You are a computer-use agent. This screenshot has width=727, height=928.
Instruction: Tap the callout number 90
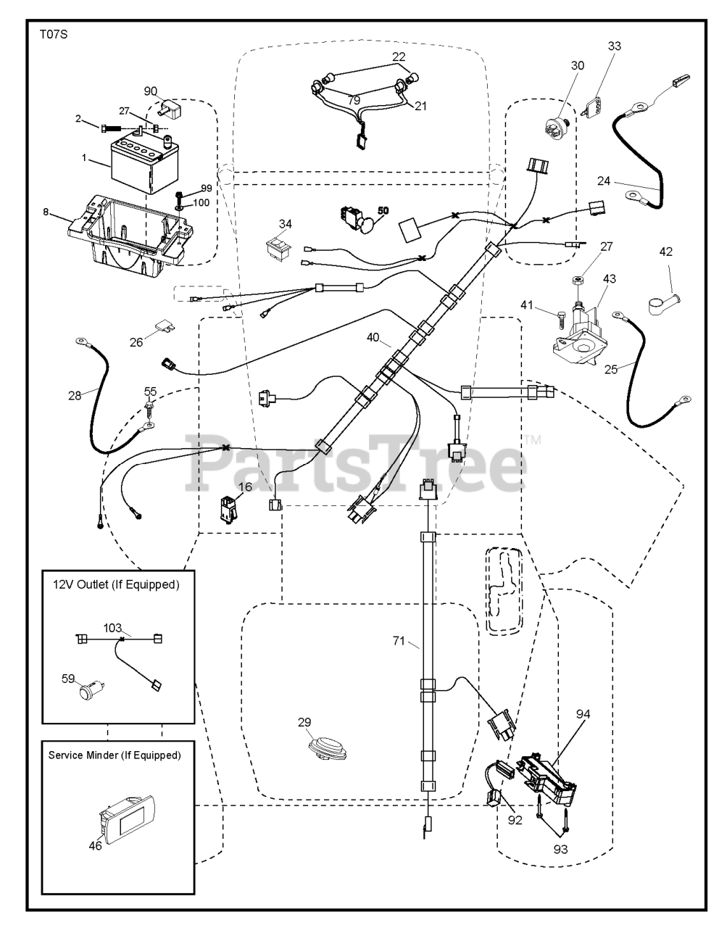point(150,91)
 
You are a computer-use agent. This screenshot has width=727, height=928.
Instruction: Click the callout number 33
point(614,46)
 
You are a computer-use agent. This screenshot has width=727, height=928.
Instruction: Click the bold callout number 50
point(382,210)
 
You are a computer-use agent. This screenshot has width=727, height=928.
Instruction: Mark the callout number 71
point(399,641)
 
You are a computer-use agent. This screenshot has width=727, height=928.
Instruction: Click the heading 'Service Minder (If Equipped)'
point(115,755)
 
